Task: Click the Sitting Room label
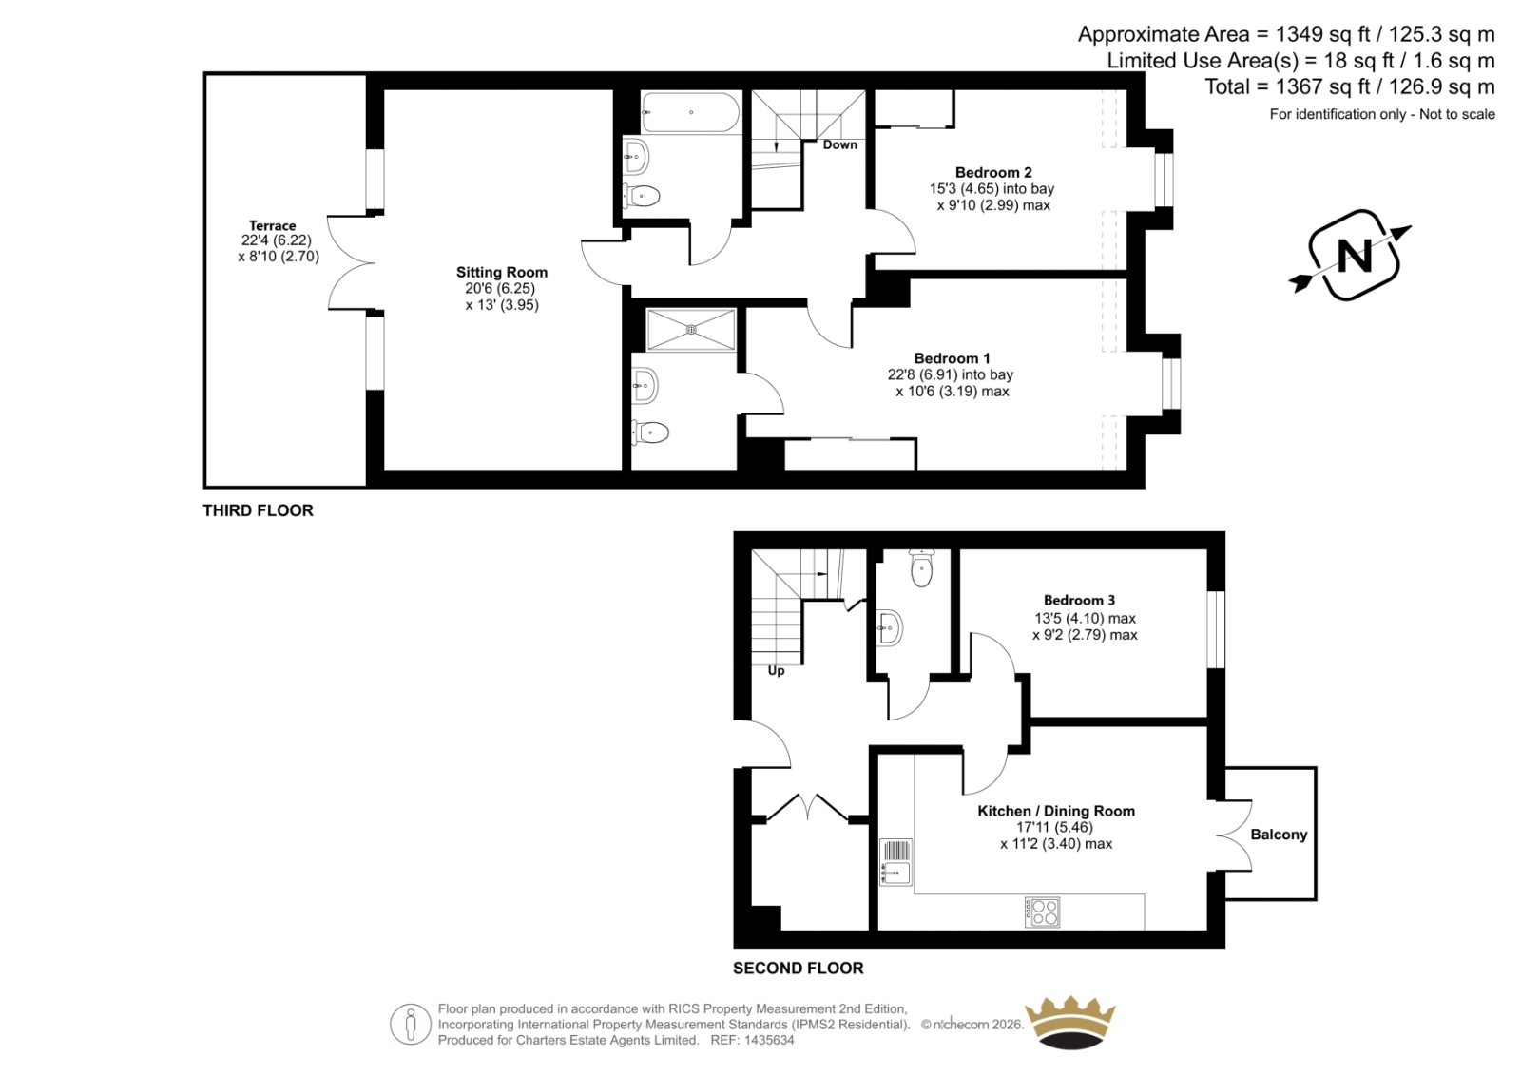[502, 273]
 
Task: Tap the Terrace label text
[272, 225]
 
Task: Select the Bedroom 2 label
[993, 172]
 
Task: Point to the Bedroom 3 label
[1079, 601]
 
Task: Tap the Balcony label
[1279, 835]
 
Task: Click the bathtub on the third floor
[690, 113]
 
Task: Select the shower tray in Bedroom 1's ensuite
[691, 330]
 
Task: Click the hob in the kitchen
[1042, 912]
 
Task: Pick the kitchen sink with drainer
[895, 862]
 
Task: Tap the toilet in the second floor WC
[921, 568]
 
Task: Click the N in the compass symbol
[1354, 256]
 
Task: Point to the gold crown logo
[1070, 1023]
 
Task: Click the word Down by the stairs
[840, 144]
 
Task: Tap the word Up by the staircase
[776, 671]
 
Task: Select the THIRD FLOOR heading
[258, 510]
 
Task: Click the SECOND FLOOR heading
[798, 969]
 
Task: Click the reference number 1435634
[768, 1041]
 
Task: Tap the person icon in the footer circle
[410, 1024]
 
